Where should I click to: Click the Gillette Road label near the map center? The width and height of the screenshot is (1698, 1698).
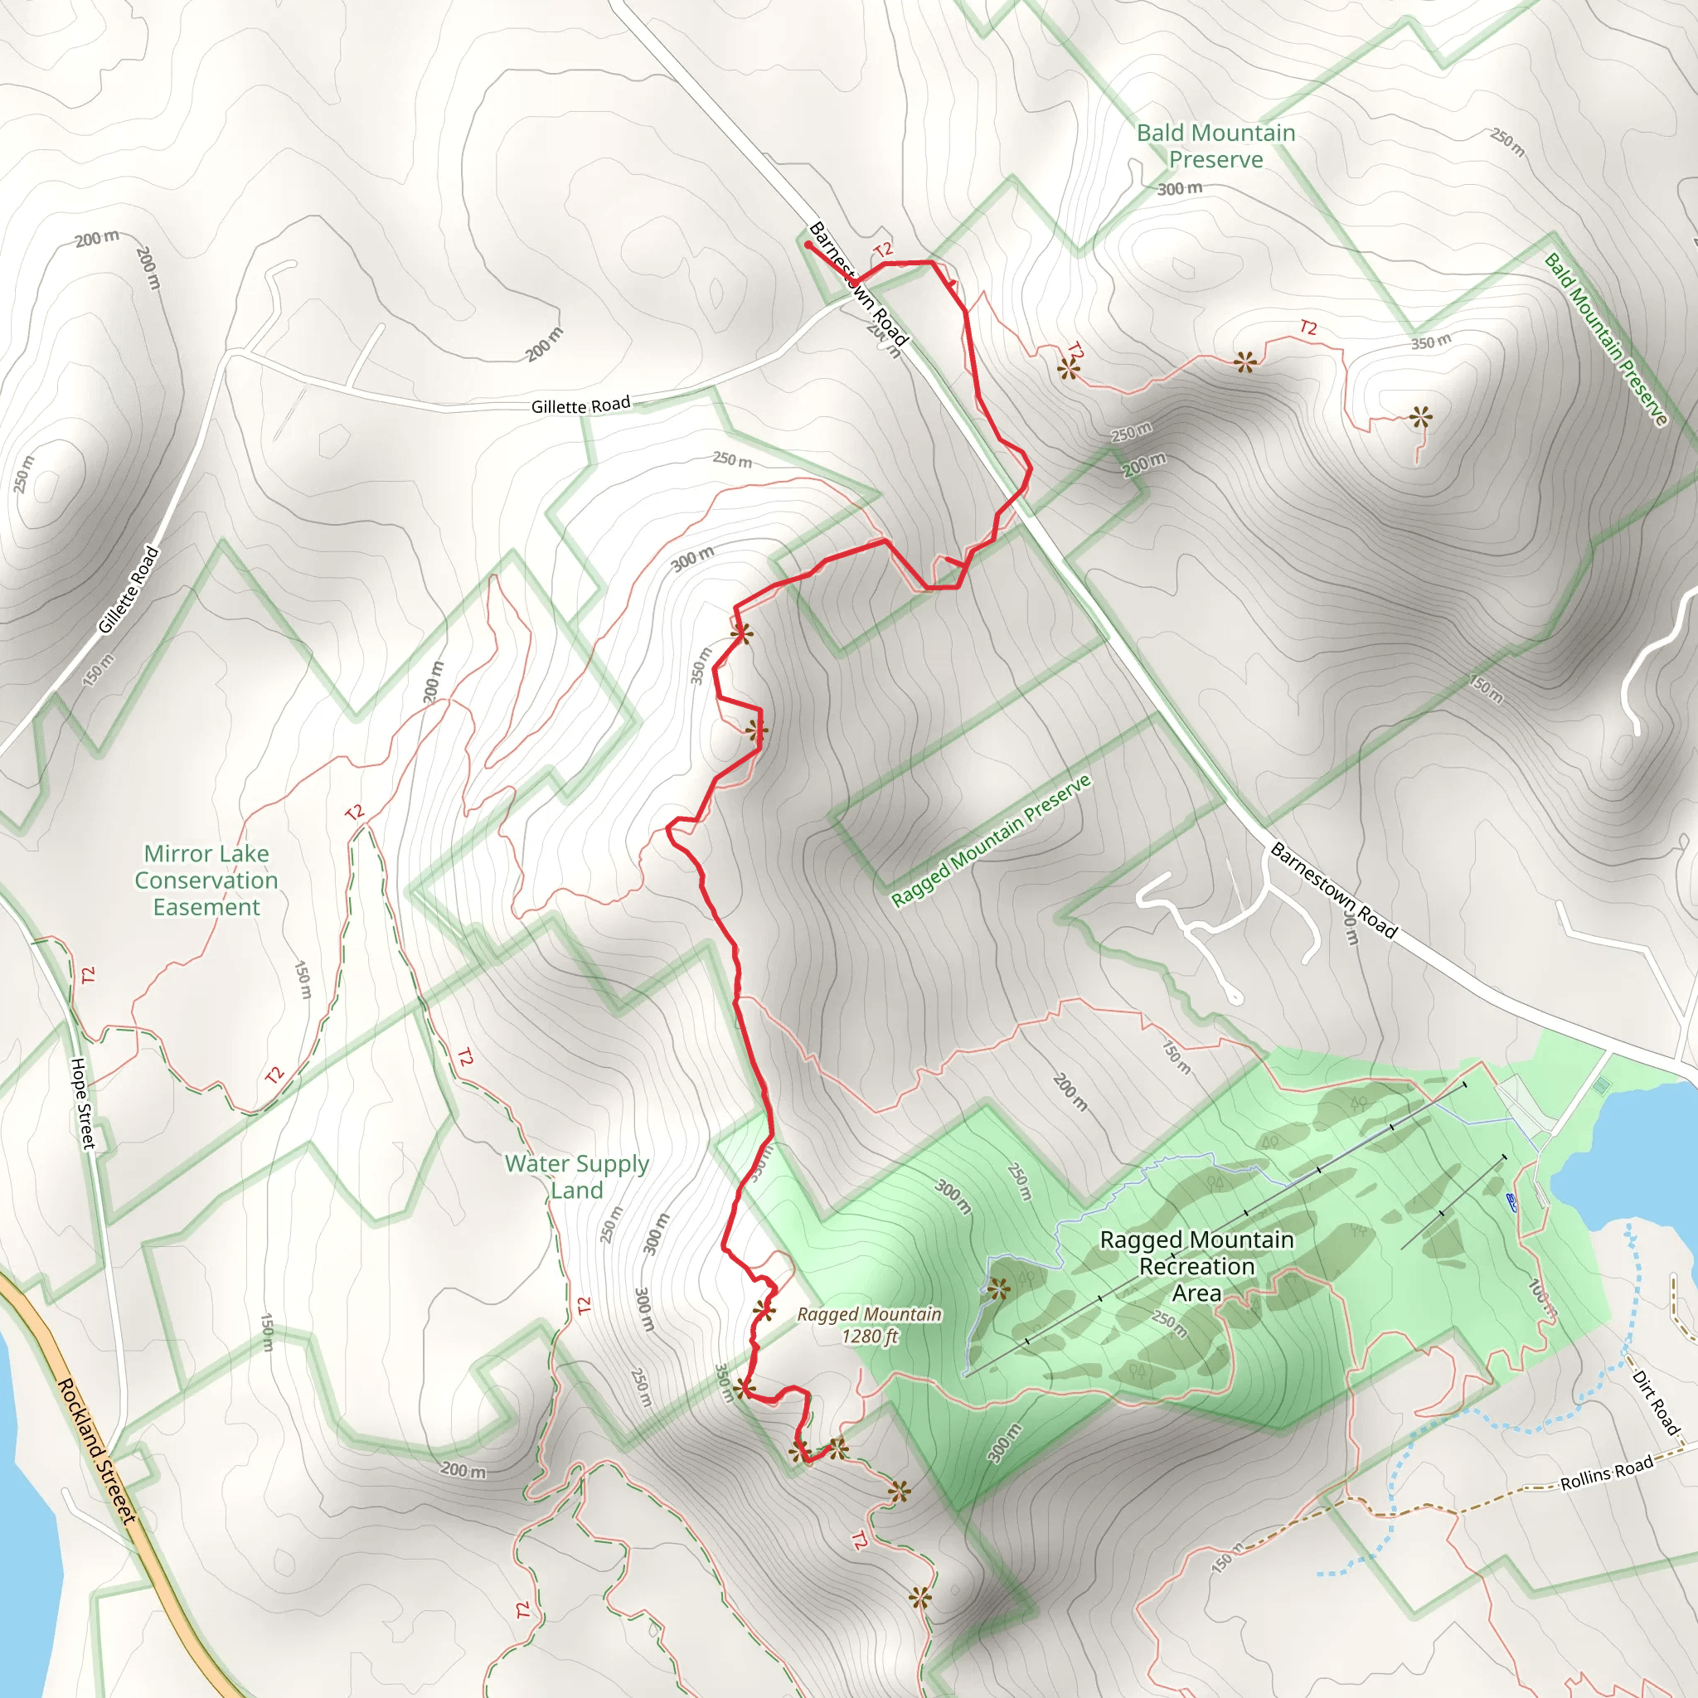pyautogui.click(x=580, y=405)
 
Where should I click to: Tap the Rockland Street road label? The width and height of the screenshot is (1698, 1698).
pyautogui.click(x=97, y=1450)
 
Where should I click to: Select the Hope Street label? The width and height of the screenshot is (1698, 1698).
pyautogui.click(x=83, y=1103)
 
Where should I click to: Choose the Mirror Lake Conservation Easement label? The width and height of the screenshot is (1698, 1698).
pyautogui.click(x=206, y=880)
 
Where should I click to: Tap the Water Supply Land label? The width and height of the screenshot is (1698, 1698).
pyautogui.click(x=576, y=1176)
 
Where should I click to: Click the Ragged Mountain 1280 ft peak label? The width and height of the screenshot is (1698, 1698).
pyautogui.click(x=869, y=1324)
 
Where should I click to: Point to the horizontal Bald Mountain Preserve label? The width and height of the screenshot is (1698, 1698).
pyautogui.click(x=1215, y=146)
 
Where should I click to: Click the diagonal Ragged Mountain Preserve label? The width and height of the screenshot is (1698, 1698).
pyautogui.click(x=991, y=840)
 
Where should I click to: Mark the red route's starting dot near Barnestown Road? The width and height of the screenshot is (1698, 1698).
pyautogui.click(x=808, y=245)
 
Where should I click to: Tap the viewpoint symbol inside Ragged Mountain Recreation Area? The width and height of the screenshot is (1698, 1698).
pyautogui.click(x=997, y=1288)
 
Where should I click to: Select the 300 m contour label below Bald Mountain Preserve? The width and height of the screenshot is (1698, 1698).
pyautogui.click(x=1180, y=188)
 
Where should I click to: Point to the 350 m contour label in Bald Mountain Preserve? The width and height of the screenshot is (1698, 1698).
pyautogui.click(x=1431, y=342)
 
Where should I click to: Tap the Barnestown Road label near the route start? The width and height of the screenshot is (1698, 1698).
pyautogui.click(x=857, y=283)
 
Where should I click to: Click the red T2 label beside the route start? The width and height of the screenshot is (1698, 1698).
pyautogui.click(x=883, y=250)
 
